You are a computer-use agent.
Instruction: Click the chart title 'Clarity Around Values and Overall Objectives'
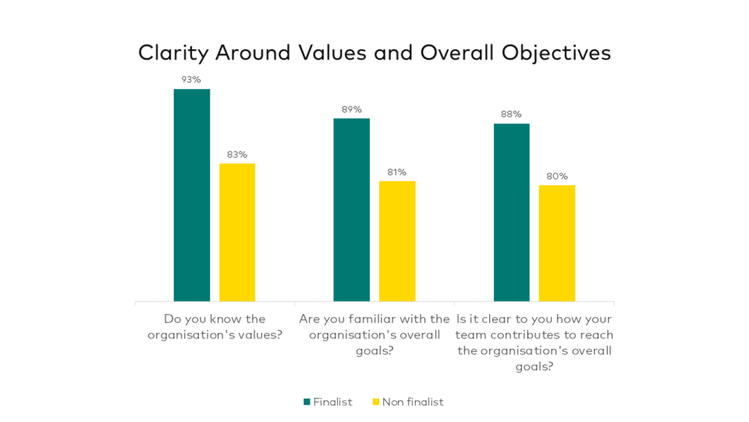374,52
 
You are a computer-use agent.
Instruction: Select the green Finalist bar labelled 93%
192,195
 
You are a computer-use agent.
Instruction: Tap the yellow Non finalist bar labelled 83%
237,232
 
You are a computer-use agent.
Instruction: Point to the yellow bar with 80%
557,243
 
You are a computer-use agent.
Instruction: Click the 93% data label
192,80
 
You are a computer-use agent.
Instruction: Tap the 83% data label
237,154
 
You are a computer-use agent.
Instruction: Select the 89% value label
351,109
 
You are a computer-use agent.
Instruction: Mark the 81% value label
397,172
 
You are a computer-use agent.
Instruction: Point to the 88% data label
511,114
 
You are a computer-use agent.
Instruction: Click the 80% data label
557,176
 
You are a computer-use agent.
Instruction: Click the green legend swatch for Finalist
307,402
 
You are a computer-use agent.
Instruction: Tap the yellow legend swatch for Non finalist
375,402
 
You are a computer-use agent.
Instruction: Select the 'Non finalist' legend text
413,402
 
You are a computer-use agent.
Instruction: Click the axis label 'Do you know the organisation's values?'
215,327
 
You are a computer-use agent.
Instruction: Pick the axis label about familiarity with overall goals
374,334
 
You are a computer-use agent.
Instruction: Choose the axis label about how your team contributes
534,342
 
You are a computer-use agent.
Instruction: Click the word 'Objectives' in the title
556,52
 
